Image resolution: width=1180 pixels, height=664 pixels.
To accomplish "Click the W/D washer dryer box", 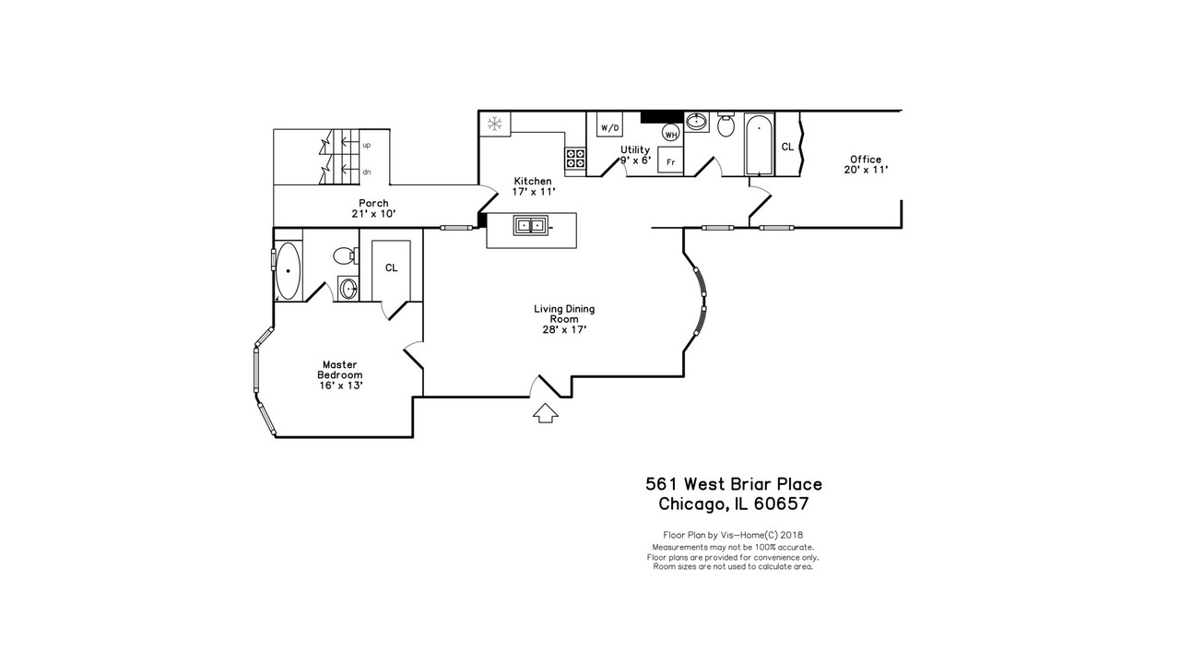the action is coord(610,125).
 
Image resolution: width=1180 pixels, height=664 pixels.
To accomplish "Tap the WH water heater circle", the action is coord(670,133).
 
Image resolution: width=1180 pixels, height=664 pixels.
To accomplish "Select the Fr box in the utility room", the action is coord(670,160).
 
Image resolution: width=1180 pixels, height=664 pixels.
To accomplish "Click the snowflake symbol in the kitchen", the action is coord(494,124).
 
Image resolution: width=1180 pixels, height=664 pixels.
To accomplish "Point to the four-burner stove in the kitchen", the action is coord(575,158).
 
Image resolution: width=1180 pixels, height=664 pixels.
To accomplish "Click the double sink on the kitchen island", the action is coord(530,226).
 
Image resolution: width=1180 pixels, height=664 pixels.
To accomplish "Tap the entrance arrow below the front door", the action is coord(545,413).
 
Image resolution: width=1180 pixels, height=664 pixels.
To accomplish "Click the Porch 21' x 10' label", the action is coord(373,208).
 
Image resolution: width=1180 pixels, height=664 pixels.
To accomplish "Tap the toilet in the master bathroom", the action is coord(346,256).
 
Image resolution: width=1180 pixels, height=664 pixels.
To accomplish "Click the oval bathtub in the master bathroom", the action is coord(289,270).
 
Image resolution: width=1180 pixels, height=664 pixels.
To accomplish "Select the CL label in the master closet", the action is coord(392,267).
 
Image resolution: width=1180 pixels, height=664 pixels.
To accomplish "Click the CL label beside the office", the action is coord(787,147).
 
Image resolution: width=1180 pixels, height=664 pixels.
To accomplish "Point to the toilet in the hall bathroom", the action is coord(726,125).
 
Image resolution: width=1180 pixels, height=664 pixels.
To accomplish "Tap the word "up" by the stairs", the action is coord(367,145).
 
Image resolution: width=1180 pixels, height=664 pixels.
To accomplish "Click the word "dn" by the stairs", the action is coord(367,172).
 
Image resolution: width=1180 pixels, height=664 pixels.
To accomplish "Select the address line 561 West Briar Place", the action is coord(734,484).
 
